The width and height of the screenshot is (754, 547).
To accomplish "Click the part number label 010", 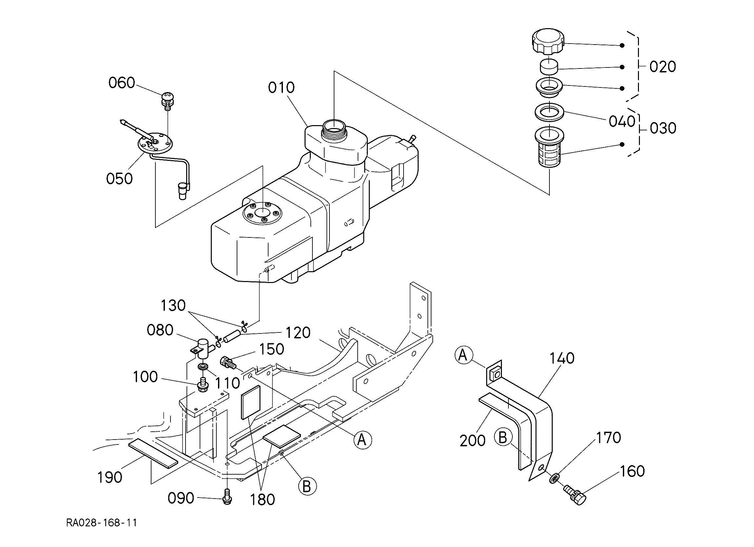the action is (281, 88).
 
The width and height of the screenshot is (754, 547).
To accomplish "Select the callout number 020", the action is (663, 67).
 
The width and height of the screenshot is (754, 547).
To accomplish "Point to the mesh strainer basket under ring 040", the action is (550, 148).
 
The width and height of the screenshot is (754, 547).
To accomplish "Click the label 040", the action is (622, 122).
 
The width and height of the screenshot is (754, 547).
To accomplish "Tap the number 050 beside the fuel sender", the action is (119, 179).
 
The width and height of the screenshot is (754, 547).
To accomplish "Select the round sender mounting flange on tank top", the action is (262, 213).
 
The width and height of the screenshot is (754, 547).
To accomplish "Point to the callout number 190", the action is (110, 478).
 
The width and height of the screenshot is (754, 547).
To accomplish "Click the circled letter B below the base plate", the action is (307, 486).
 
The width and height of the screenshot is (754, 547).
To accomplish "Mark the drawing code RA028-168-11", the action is (102, 523).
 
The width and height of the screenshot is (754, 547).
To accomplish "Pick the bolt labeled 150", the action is (228, 363).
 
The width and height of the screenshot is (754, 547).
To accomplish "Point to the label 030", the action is (663, 128).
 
